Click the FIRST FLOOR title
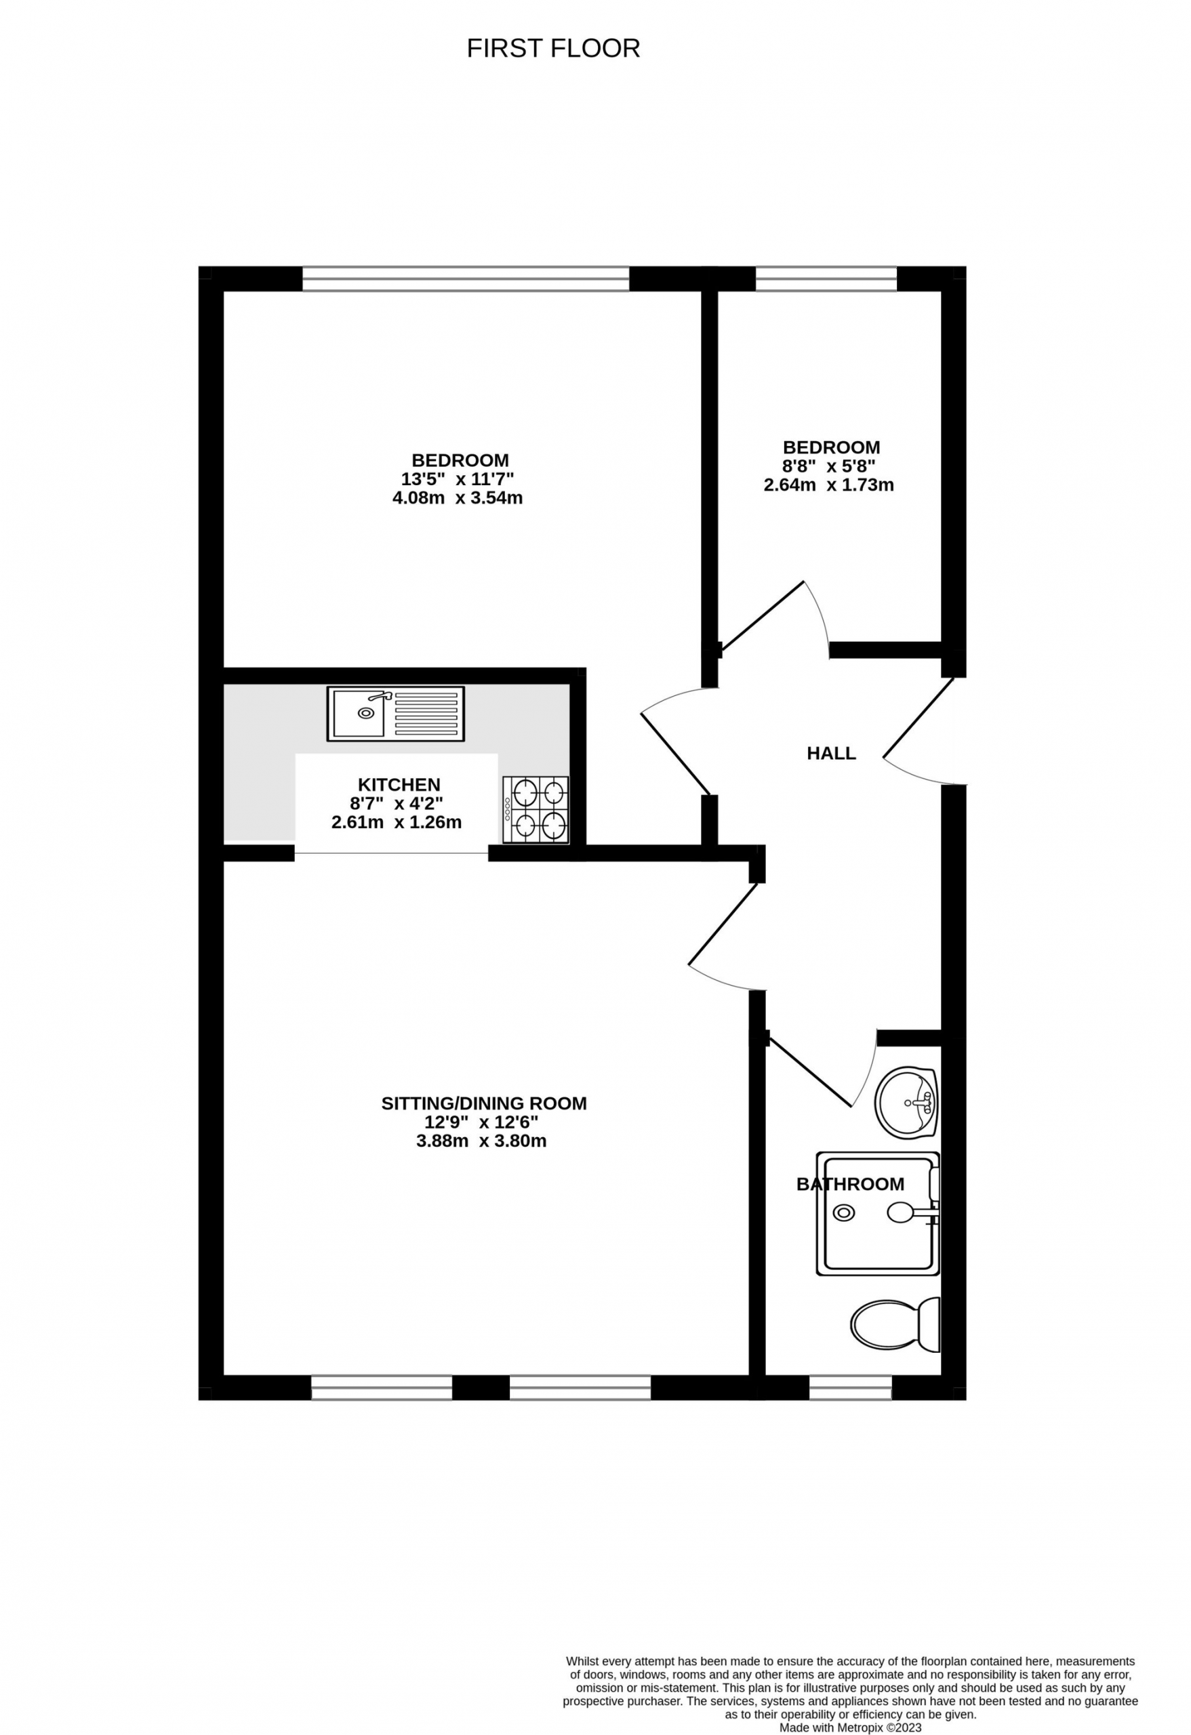click(x=553, y=49)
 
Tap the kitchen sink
click(x=395, y=714)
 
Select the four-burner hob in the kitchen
click(x=536, y=810)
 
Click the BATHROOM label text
click(x=850, y=1184)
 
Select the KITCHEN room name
click(x=399, y=785)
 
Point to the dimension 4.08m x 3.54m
click(x=458, y=498)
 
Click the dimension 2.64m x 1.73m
click(x=828, y=485)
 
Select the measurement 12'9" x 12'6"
click(x=482, y=1122)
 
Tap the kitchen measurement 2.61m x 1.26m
click(x=397, y=823)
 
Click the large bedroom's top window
click(x=466, y=279)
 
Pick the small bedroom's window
click(x=826, y=279)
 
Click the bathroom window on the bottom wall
click(x=851, y=1387)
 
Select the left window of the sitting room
click(x=382, y=1387)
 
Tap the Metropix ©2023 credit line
click(x=851, y=1728)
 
